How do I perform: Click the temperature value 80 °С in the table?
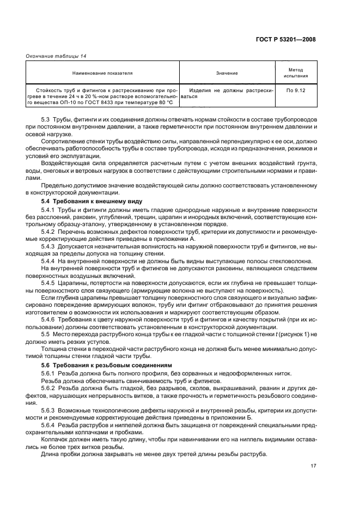click(162, 101)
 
